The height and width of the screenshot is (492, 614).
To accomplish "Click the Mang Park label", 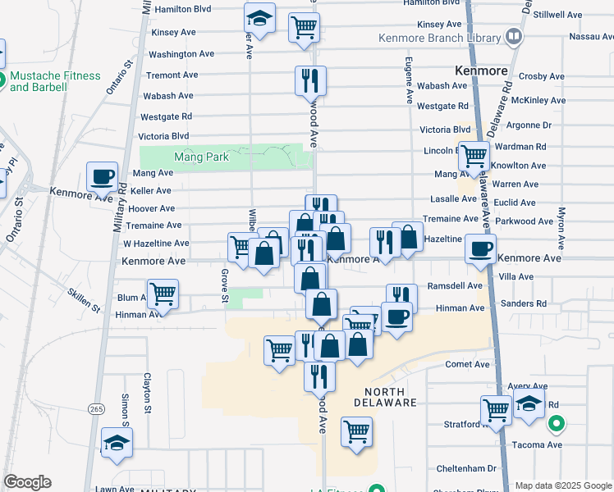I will tap(194, 156).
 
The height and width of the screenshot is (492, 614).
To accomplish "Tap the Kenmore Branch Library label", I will tap(439, 38).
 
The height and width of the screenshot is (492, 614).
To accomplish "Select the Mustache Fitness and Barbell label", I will tap(55, 81).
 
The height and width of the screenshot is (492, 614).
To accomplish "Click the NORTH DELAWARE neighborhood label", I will tap(386, 397).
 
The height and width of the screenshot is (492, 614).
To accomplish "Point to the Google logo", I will tap(27, 482).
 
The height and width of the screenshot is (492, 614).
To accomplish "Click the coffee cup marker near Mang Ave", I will tap(103, 176).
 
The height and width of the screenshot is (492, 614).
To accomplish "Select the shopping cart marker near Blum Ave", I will tap(163, 294).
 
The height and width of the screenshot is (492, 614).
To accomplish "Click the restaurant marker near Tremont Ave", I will tap(310, 80).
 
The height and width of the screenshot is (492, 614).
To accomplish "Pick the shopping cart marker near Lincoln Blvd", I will tap(474, 156).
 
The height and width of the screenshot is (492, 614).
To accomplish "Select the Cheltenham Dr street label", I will tap(465, 468).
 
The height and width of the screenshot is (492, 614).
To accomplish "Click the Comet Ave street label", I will tap(467, 364).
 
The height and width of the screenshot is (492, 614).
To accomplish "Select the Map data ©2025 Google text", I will tap(562, 485).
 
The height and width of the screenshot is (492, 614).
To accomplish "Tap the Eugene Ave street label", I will tap(408, 80).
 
